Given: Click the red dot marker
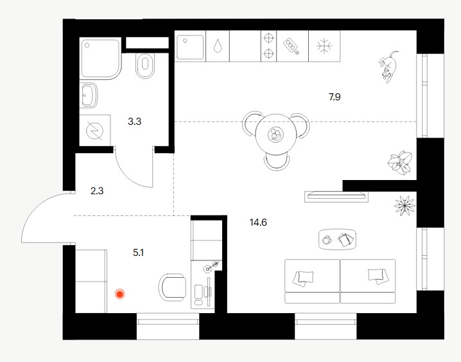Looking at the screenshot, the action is pos(120,294).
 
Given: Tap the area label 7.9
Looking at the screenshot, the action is pos(335,97).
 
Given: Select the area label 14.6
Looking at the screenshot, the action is pos(258,222).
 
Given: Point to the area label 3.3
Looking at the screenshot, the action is pos(134,121).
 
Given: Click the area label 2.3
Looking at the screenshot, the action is pos(97,191).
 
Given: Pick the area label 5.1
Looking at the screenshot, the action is pos(138,253).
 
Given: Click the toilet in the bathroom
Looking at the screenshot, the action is pos(145,66).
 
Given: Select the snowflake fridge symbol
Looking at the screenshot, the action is pos(324,46).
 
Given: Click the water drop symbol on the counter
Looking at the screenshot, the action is pos(218,46).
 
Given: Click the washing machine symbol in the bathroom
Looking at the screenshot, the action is pos(95,131).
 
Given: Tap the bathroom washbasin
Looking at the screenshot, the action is pos(89,95).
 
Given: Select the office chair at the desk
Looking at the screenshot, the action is pos(172,287).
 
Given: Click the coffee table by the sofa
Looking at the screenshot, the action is pos(338,240).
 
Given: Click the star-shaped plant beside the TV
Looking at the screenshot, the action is pos(404,205).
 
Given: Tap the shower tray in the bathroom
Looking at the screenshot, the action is pos(100,59).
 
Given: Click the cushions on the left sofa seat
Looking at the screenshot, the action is pos(303,278).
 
